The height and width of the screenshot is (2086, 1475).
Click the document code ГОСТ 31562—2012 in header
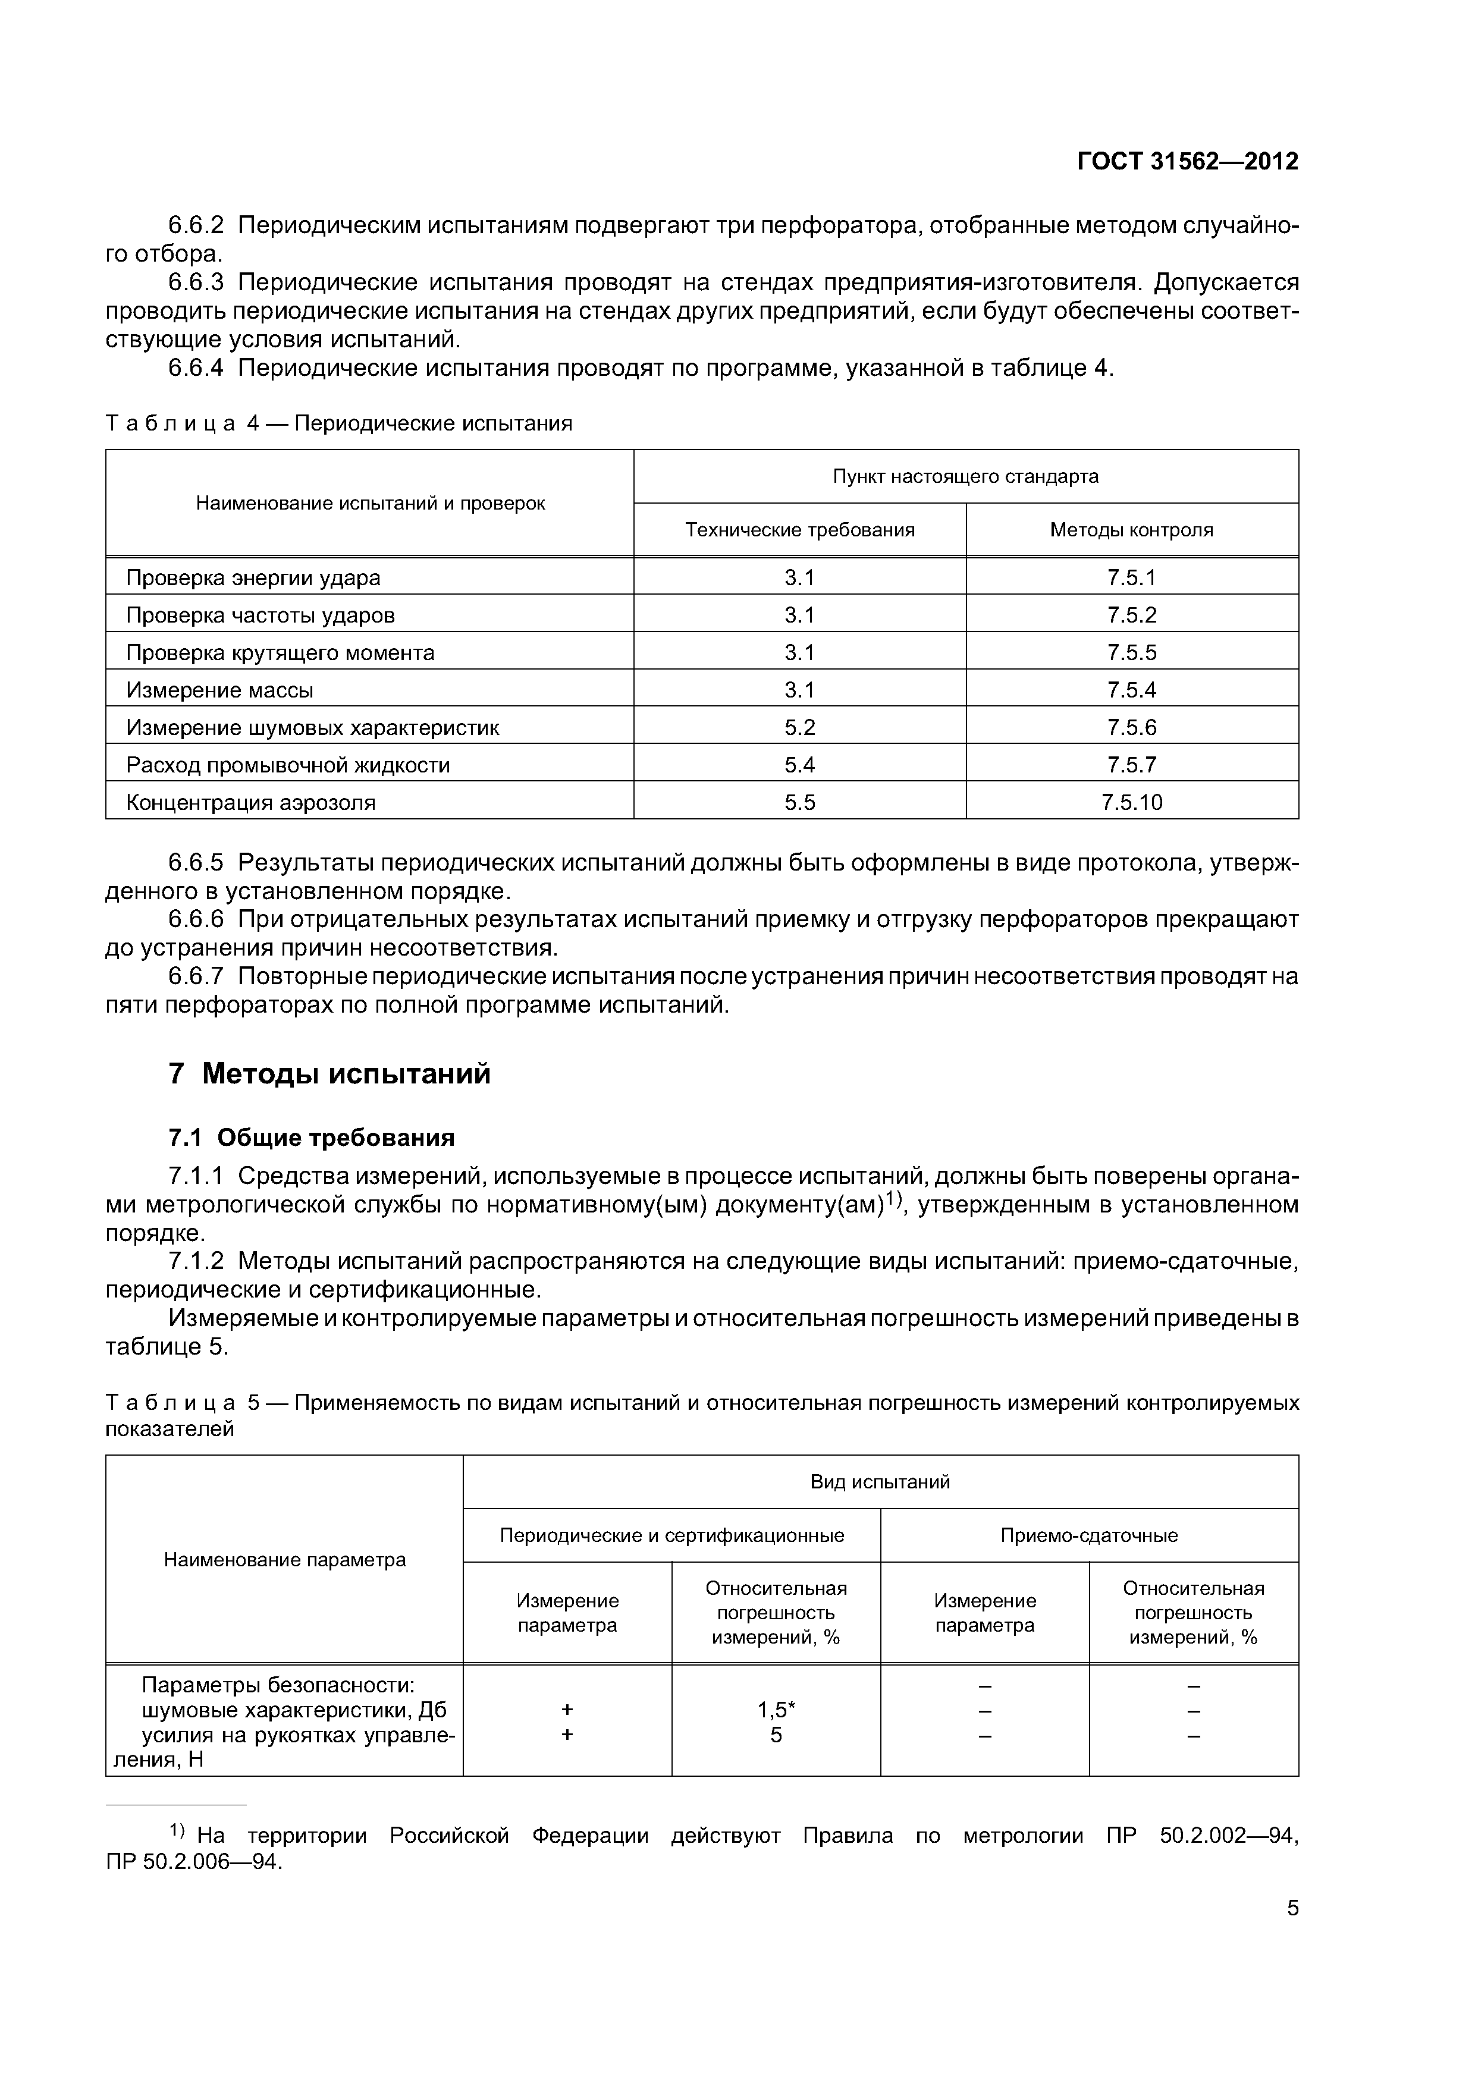click(1187, 162)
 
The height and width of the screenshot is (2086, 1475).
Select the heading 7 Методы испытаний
click(329, 1074)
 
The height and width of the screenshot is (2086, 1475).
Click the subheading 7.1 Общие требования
click(312, 1138)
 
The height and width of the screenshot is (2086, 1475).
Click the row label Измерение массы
click(220, 690)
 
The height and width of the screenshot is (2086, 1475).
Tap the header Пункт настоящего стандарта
click(965, 476)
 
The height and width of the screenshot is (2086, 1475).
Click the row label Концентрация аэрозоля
click(251, 802)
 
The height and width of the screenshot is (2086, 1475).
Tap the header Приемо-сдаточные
click(1089, 1535)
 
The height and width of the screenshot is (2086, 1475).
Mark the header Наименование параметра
click(284, 1560)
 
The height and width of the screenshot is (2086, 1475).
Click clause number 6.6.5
click(196, 862)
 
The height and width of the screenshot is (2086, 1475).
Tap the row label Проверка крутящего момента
click(280, 652)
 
